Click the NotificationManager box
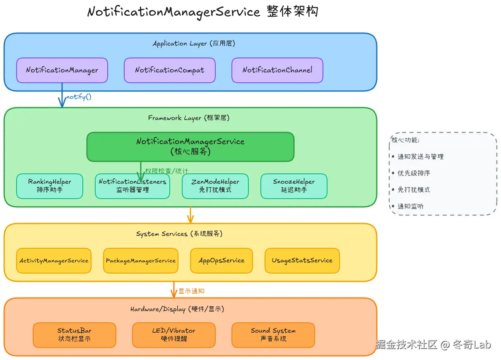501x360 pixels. (62, 70)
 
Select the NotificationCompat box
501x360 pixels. (170, 70)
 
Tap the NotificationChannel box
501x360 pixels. (277, 70)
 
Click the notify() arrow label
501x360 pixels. (79, 97)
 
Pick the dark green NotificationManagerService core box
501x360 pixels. (190, 146)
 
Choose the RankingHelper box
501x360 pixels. (50, 186)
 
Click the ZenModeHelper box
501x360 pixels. (215, 186)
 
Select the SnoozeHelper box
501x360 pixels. (294, 186)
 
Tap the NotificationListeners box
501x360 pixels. (132, 186)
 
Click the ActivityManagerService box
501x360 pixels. (54, 261)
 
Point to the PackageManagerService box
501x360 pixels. (141, 261)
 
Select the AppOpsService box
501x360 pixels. (222, 261)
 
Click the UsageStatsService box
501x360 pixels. (302, 261)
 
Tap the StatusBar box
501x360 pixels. (75, 335)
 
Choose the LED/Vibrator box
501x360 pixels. (174, 335)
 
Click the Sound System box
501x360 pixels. (273, 335)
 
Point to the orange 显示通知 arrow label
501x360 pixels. (191, 291)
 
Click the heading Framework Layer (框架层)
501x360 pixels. (189, 118)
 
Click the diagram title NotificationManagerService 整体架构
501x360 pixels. (203, 12)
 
